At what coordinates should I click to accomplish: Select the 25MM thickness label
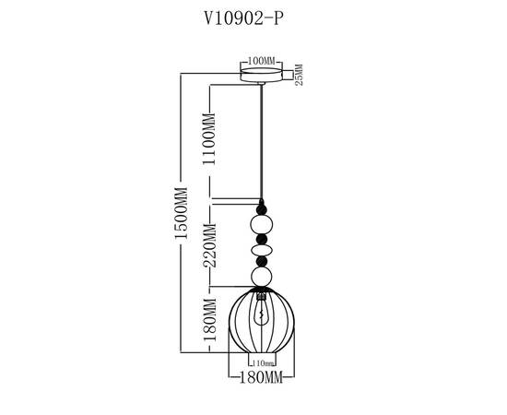click(x=300, y=74)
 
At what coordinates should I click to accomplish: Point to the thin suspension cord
click(x=263, y=138)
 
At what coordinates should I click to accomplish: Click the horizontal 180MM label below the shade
click(x=261, y=378)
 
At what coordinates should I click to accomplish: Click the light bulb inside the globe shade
click(x=263, y=318)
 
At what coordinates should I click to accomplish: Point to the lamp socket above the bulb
click(x=263, y=295)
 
